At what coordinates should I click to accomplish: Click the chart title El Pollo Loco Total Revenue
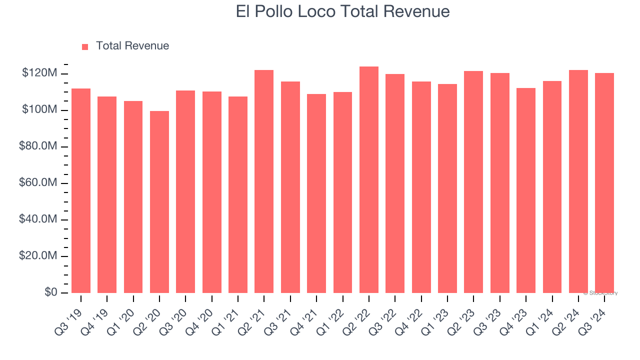click(342, 11)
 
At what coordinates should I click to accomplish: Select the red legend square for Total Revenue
click(85, 46)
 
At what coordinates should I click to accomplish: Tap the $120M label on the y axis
click(39, 73)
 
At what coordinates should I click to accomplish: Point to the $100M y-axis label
click(39, 110)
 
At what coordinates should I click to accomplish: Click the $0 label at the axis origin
click(51, 292)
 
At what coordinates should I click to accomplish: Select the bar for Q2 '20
click(159, 202)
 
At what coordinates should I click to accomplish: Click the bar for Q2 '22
click(369, 180)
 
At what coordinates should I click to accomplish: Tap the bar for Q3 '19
click(81, 190)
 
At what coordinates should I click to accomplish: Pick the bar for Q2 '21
click(264, 181)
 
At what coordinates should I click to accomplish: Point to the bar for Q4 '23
click(526, 190)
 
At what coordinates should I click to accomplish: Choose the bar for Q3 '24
click(604, 183)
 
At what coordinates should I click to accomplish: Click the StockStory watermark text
click(600, 293)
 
